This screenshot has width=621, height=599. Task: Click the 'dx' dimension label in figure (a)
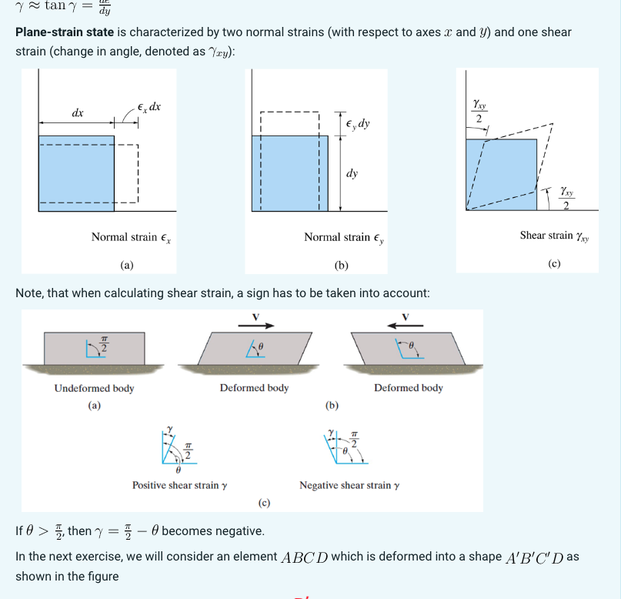pos(78,113)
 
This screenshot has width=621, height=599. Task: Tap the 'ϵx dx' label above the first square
pos(148,106)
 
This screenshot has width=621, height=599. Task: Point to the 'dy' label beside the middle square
pos(352,173)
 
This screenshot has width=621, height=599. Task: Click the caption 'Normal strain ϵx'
pos(132,237)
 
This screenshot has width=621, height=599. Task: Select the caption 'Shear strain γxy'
pos(554,236)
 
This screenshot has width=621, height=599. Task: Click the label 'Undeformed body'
pos(94,388)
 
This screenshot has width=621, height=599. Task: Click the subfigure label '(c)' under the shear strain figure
pos(554,263)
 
